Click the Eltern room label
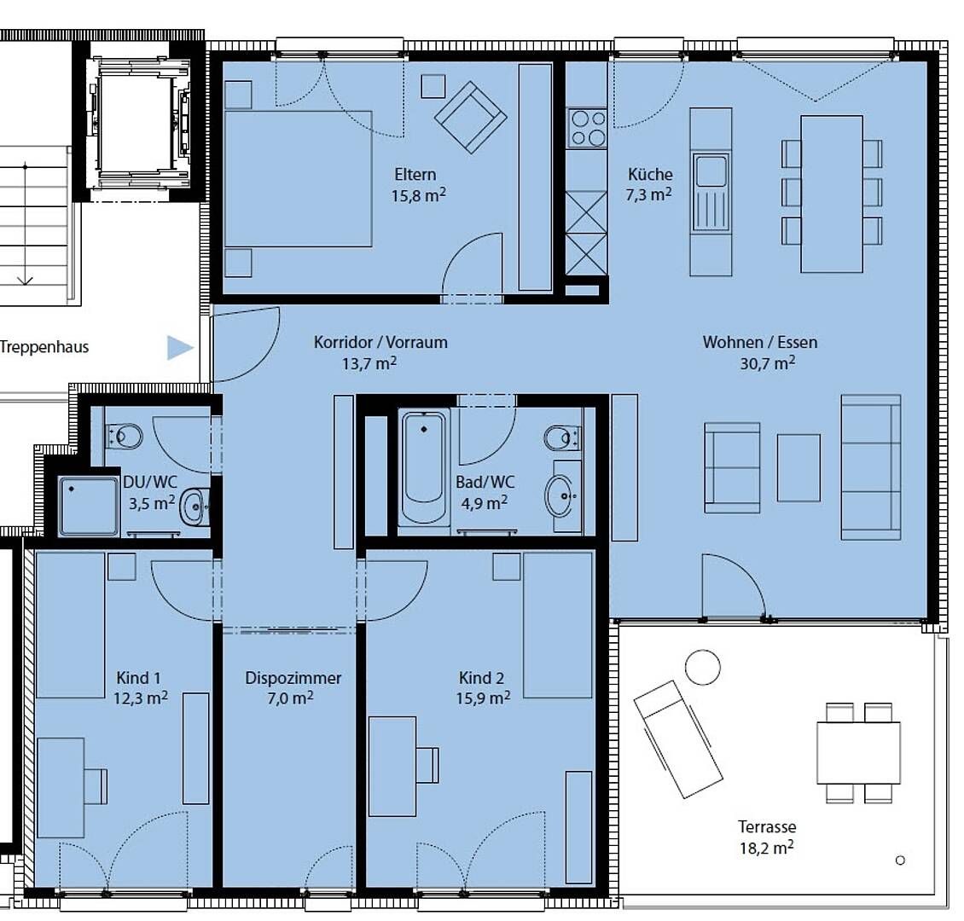click(415, 175)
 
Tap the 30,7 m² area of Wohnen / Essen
click(767, 363)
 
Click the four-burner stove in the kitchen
click(587, 128)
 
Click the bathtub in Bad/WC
click(424, 467)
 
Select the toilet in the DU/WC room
click(125, 437)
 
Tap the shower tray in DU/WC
click(89, 507)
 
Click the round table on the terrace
click(702, 667)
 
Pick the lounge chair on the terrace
click(677, 739)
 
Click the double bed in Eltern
click(299, 179)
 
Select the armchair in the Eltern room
click(471, 117)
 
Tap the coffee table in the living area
click(798, 468)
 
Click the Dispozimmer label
click(293, 678)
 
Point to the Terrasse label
click(767, 827)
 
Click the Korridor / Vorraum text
click(380, 342)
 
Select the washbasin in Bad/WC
click(561, 496)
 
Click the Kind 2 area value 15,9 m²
click(483, 698)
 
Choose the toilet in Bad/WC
click(562, 438)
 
